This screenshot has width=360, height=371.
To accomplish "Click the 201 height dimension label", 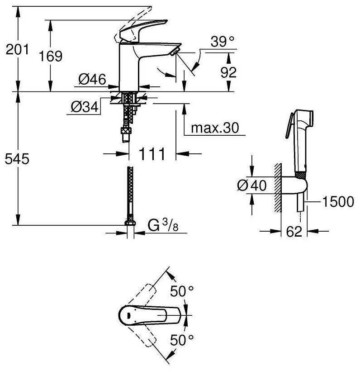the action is (x=17, y=49).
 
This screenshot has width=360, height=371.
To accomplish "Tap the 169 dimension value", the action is (x=51, y=56).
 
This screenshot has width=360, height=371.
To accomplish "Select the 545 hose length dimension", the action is (x=17, y=159).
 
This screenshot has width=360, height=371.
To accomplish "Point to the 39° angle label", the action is (x=223, y=42).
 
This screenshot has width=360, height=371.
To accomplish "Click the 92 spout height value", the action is (x=228, y=72).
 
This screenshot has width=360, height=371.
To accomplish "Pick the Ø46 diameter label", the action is (x=92, y=79).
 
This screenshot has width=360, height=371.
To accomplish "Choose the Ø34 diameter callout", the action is (x=85, y=107).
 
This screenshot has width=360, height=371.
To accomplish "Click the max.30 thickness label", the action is (x=215, y=128).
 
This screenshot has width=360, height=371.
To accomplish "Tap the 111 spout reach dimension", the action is (x=152, y=154).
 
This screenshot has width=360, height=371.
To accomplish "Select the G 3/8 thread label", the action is (x=163, y=225).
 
